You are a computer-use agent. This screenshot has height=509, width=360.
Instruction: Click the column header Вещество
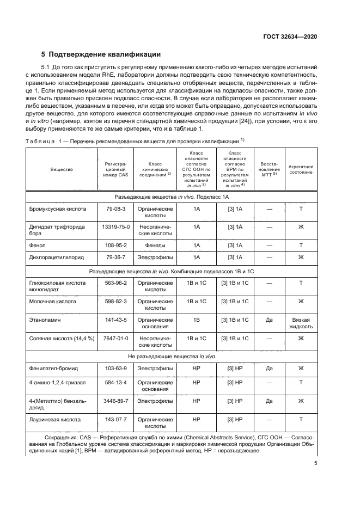(x=62, y=169)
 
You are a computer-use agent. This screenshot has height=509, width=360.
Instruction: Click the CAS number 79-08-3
(x=115, y=208)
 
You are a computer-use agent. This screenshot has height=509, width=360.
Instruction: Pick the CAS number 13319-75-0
(x=115, y=226)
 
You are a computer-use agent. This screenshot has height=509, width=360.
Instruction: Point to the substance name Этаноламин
(x=44, y=320)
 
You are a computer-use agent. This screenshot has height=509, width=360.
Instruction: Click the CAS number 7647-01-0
(x=115, y=338)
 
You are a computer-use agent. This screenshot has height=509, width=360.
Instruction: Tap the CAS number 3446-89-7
(x=115, y=401)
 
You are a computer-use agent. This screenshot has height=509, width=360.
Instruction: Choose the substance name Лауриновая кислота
(x=56, y=420)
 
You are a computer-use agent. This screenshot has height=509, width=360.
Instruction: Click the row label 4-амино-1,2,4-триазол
(x=58, y=383)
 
